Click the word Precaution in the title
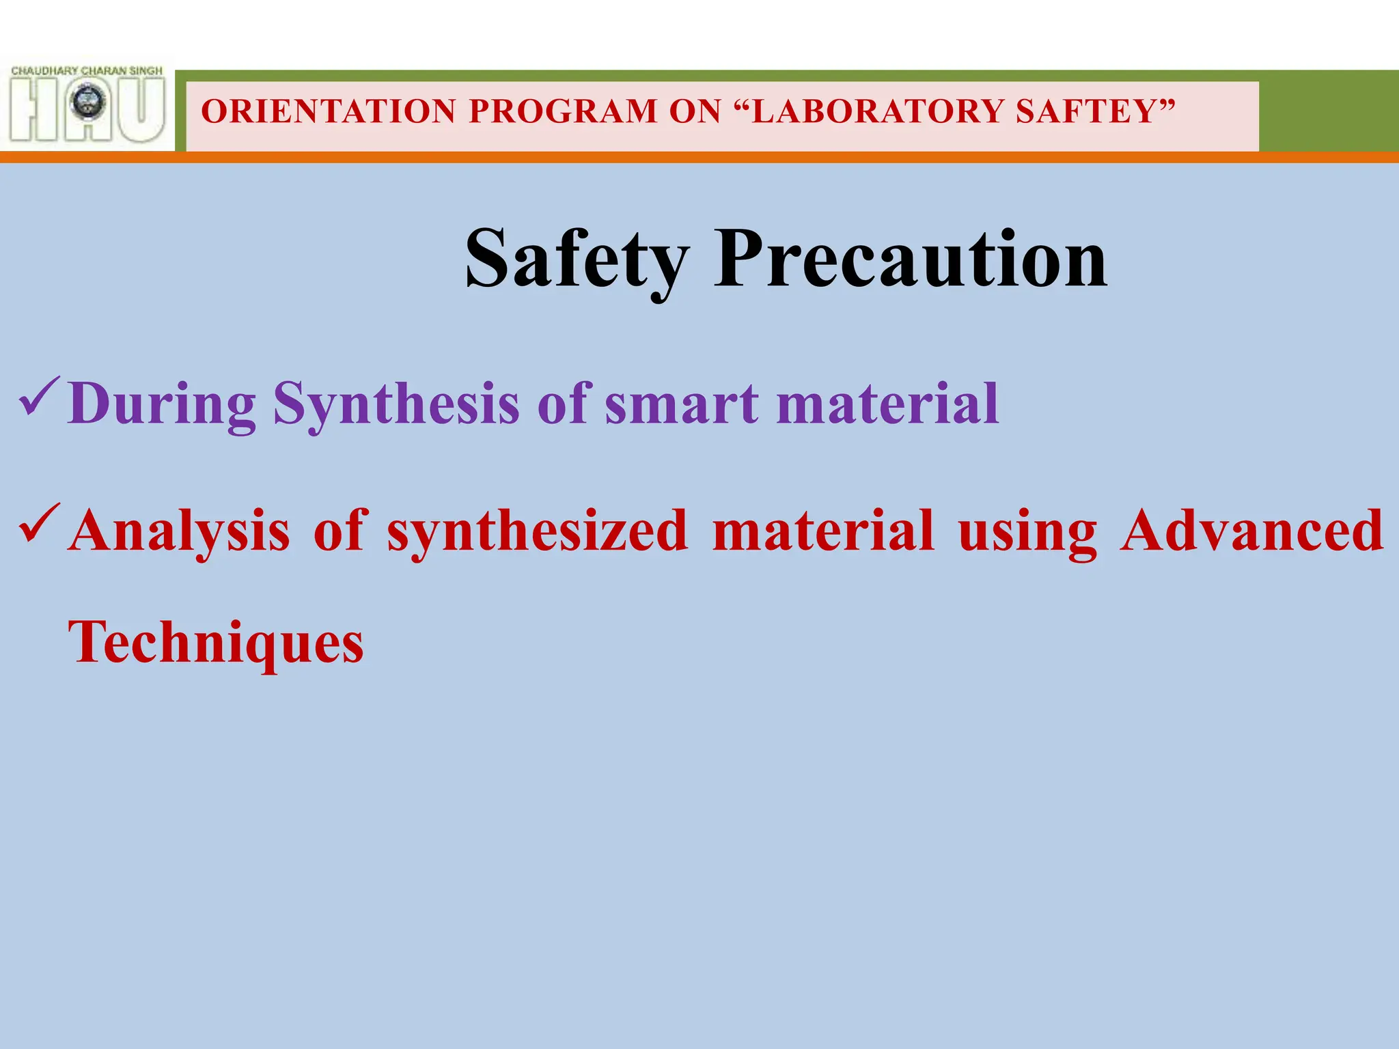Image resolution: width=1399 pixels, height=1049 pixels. coord(910,260)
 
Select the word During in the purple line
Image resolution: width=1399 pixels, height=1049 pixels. coord(162,404)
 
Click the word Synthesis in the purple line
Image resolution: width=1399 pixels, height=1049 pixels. coord(396,404)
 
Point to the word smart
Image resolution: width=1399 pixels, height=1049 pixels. coord(681,404)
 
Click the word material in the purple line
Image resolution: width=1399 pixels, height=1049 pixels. coord(888,404)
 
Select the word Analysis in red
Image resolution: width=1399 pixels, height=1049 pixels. coord(180,531)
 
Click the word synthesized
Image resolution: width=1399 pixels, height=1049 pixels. coord(537,531)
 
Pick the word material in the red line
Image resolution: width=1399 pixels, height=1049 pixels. coord(822,531)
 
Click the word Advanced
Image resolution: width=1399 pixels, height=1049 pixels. coord(1251,531)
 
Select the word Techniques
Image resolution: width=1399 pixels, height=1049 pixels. coord(216,643)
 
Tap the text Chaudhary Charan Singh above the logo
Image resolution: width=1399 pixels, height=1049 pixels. coord(87,70)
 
